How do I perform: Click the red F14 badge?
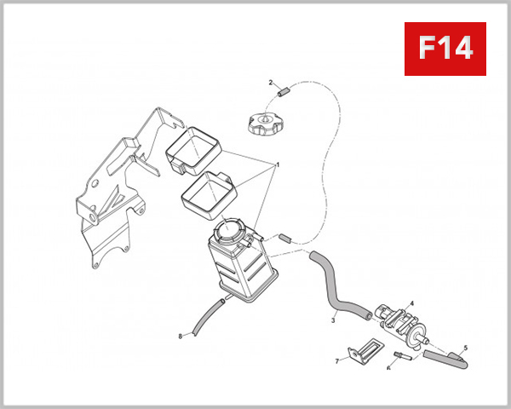point(445,49)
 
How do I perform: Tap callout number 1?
point(278,165)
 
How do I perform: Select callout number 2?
point(271,83)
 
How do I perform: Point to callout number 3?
point(333,320)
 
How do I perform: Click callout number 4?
point(412,303)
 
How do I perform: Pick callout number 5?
point(465,348)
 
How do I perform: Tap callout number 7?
point(337,360)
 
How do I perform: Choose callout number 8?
point(181,337)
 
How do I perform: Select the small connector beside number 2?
point(284,92)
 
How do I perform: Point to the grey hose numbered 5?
point(445,360)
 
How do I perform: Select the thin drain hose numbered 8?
point(209,316)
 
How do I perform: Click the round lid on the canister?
point(228,229)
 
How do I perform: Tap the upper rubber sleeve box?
point(193,151)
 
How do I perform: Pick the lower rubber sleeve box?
point(207,195)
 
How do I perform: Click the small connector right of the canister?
point(285,238)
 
